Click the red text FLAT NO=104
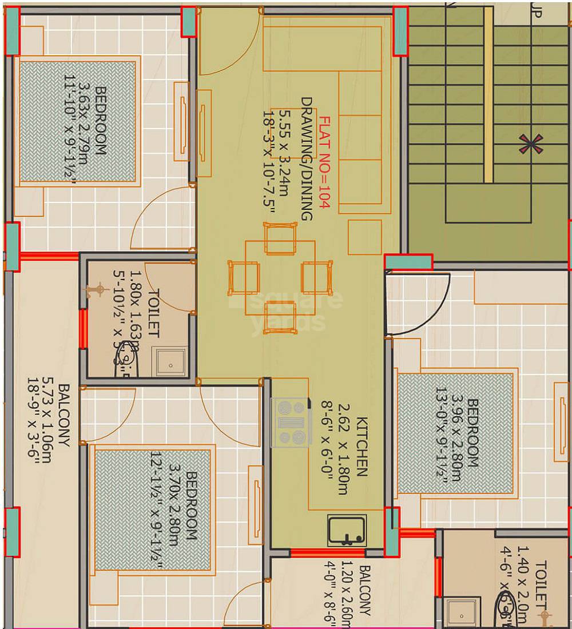point(324,163)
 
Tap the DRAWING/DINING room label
point(307,158)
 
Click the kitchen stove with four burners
point(292,422)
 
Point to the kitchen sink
point(347,530)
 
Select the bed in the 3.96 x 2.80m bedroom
point(455,434)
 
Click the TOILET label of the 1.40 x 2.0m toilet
point(541,586)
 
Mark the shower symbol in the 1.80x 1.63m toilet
point(99,289)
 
